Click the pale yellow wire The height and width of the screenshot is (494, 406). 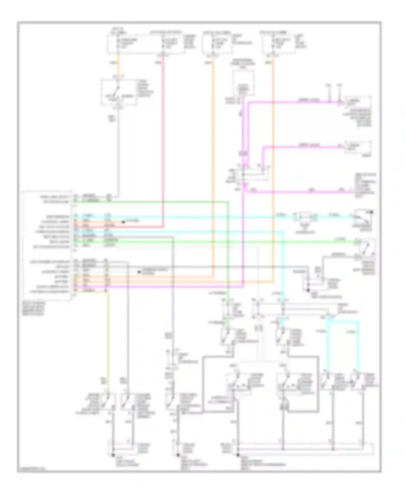[108, 338]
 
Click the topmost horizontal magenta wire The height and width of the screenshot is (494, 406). [292, 102]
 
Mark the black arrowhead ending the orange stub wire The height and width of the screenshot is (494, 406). [123, 222]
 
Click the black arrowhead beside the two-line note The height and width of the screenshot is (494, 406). [139, 272]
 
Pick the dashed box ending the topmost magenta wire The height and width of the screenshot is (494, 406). [357, 102]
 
